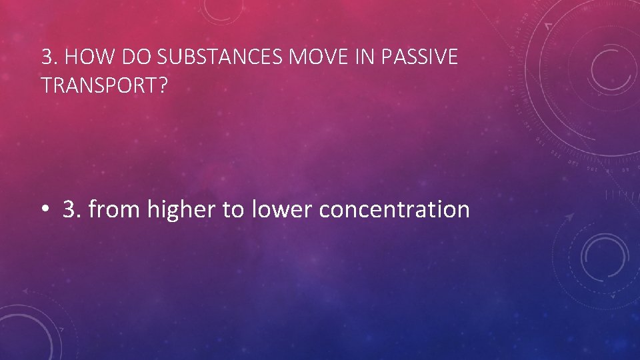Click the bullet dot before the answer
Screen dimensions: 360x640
(45, 210)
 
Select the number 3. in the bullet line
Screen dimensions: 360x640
(71, 210)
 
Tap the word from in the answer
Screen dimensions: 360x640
(115, 210)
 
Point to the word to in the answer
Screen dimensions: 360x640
(233, 210)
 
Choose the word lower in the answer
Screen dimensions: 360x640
(281, 210)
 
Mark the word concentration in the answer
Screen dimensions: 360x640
(395, 210)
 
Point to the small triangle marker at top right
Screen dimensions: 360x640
(548, 27)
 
